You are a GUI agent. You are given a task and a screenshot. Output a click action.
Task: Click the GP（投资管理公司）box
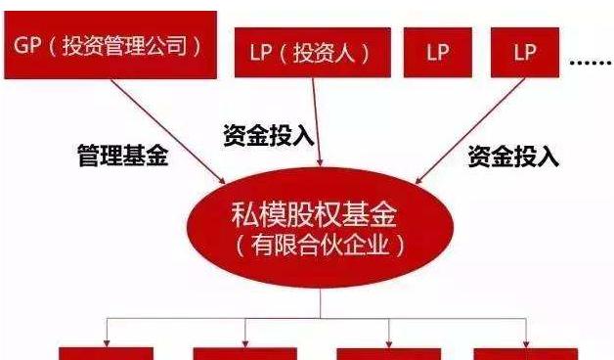click(x=110, y=45)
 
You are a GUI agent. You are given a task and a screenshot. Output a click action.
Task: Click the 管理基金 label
click(x=122, y=156)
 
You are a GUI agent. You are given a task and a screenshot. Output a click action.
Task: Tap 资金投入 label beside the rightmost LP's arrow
click(x=512, y=156)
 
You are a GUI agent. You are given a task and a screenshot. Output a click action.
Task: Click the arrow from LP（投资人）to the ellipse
click(x=314, y=127)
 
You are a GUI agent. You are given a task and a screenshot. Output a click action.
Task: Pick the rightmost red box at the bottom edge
click(x=526, y=352)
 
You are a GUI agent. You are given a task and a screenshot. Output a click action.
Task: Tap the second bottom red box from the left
click(x=244, y=352)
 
